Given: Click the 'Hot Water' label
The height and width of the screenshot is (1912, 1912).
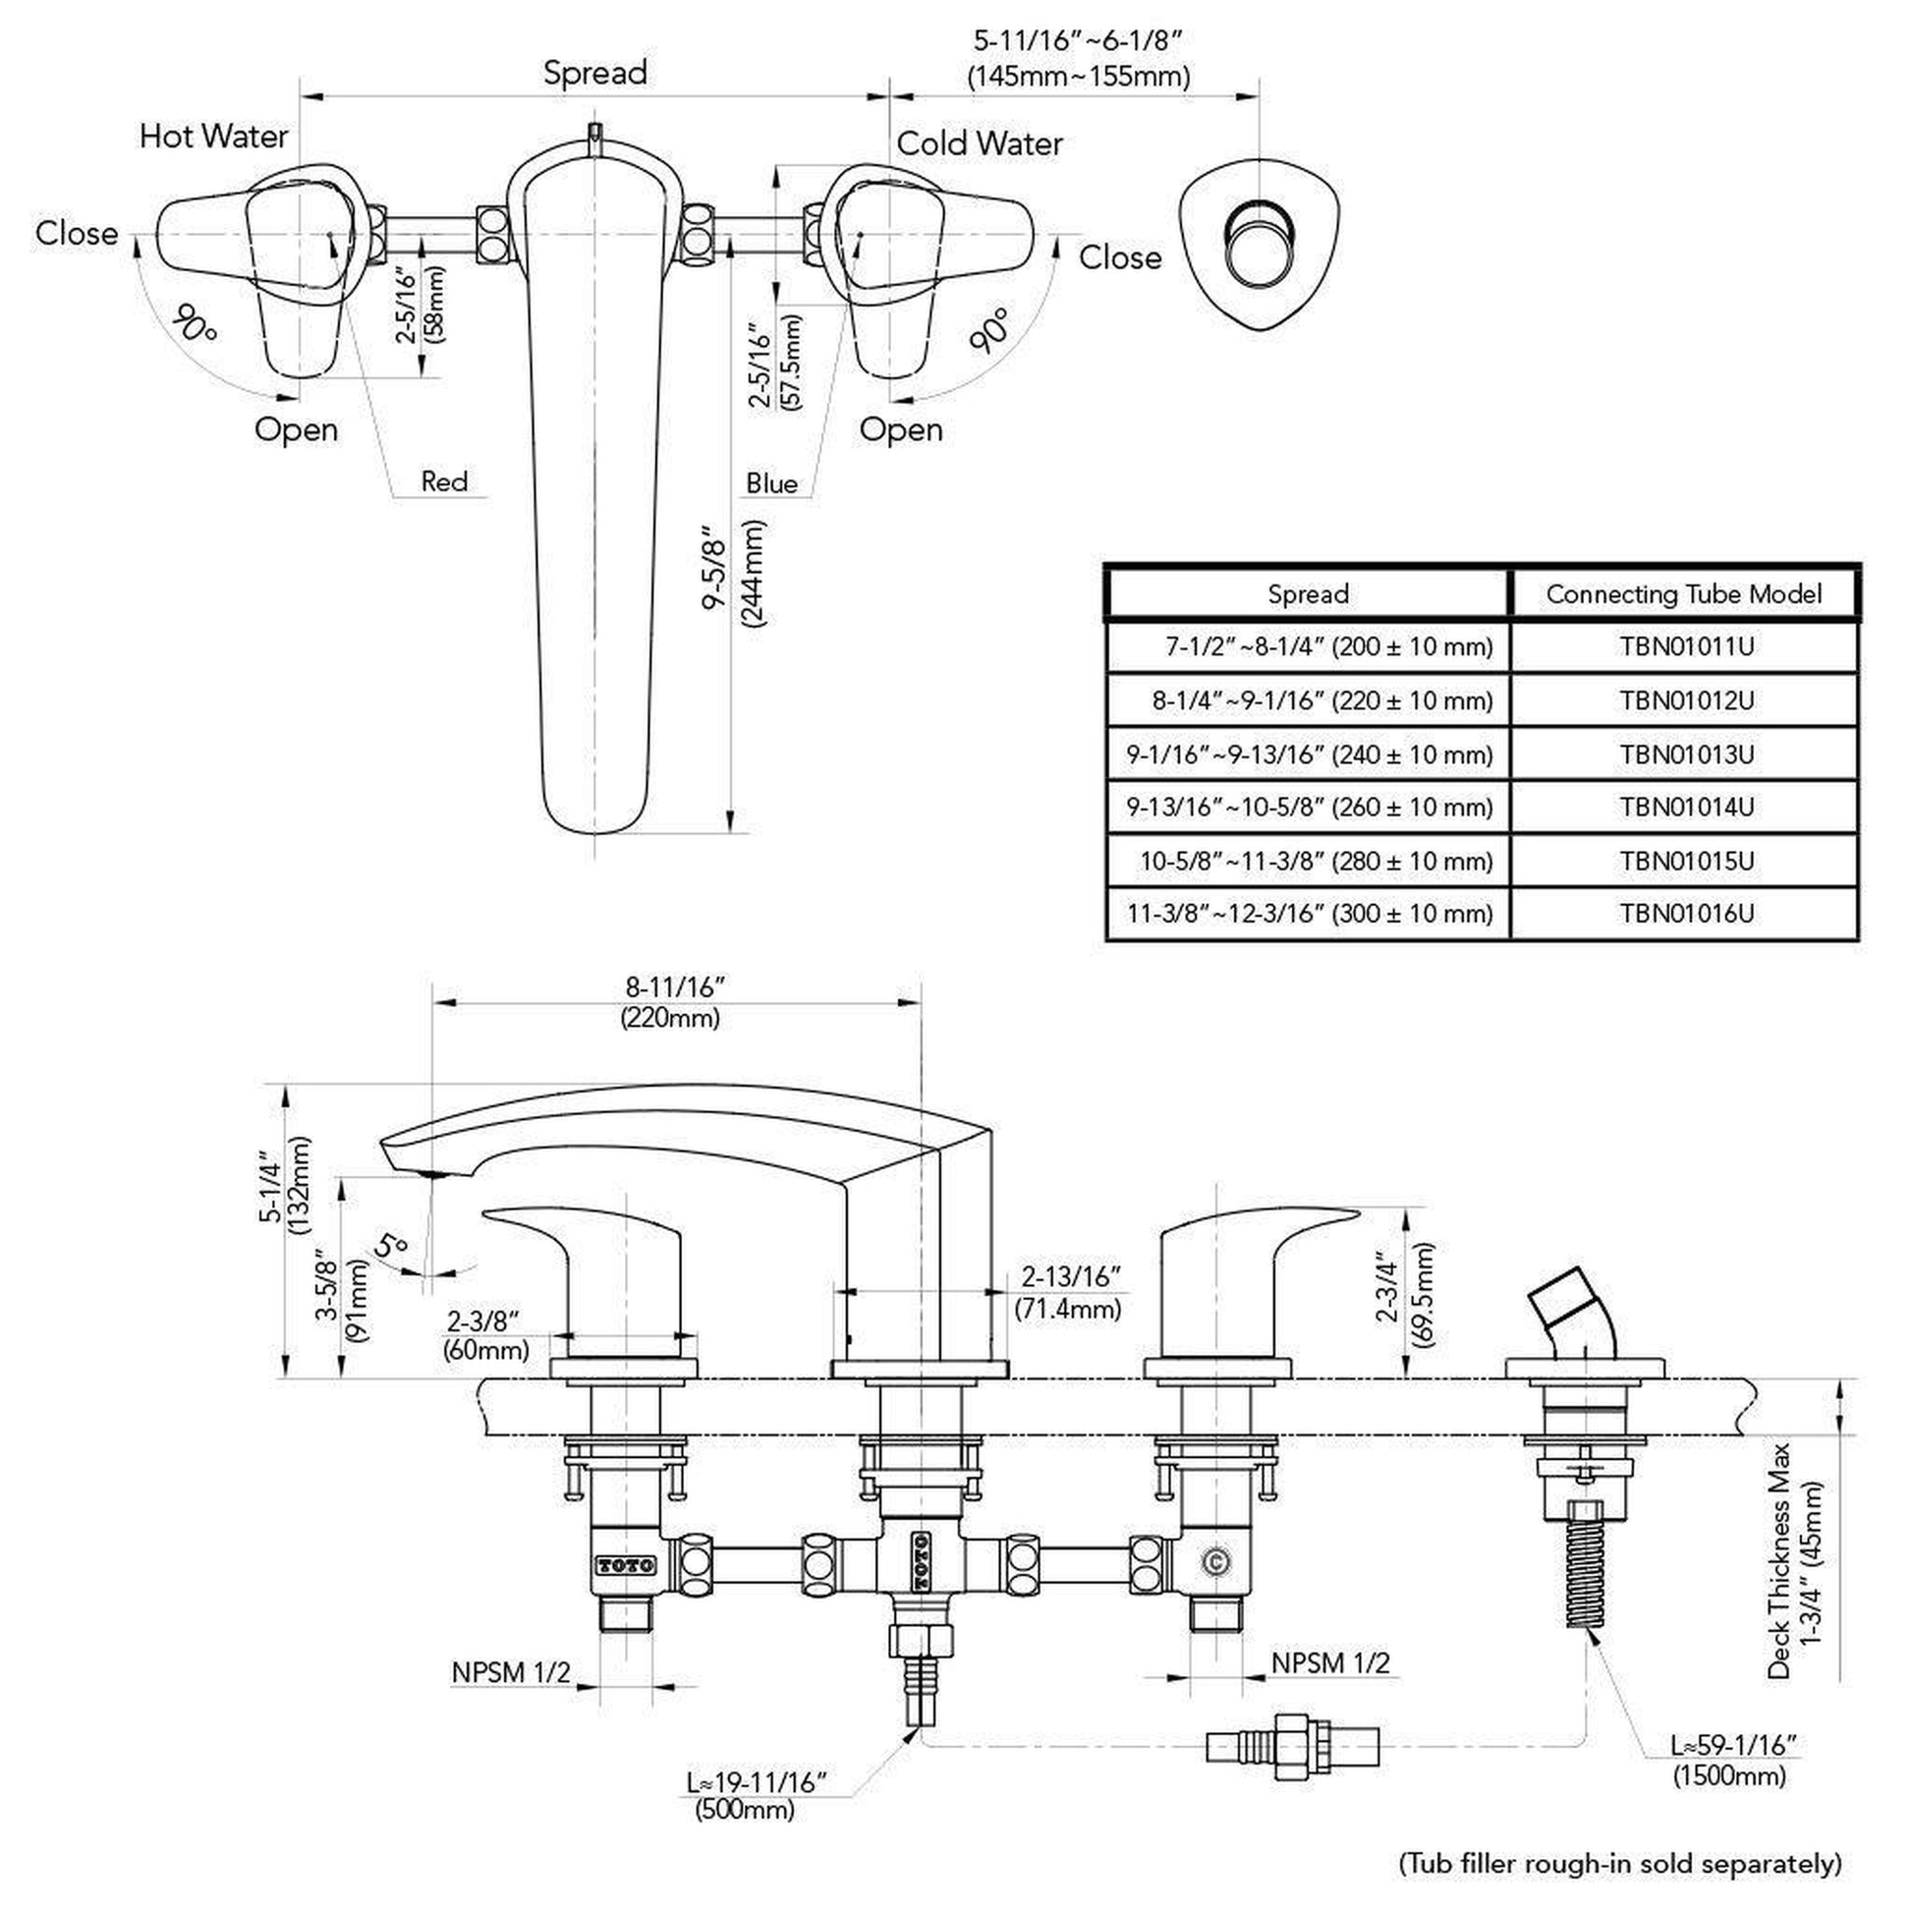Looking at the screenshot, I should (x=214, y=137).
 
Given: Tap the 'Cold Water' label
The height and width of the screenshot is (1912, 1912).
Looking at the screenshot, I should (x=979, y=144).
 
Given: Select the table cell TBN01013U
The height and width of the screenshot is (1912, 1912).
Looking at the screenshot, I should (x=1685, y=756).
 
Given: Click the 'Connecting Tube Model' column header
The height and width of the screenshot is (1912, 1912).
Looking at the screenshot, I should (x=1683, y=593).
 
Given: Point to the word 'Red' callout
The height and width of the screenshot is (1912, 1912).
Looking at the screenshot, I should (x=444, y=482).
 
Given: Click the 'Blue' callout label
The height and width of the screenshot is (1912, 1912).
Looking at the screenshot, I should (x=771, y=484).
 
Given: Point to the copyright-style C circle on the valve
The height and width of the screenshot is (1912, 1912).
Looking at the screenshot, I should (x=1215, y=1561).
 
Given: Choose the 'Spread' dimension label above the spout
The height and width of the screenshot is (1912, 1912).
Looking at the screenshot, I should (x=594, y=73).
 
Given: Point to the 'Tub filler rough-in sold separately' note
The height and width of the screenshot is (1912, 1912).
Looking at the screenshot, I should (x=1620, y=1864).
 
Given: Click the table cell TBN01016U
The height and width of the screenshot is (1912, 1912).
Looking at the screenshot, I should (x=1685, y=913).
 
